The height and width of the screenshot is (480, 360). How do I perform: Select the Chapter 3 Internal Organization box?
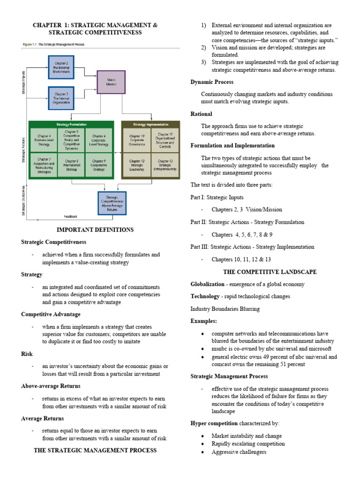[x=61, y=97]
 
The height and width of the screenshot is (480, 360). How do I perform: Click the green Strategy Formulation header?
[x=71, y=124]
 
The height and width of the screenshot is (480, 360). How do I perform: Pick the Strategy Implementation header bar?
[x=150, y=124]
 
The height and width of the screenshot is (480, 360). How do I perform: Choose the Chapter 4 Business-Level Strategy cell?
[x=43, y=141]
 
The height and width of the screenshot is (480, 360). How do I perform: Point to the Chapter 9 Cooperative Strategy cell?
[x=98, y=165]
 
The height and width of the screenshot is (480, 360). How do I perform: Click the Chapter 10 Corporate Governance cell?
[x=137, y=141]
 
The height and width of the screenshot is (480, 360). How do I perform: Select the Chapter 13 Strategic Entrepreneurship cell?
[x=165, y=165]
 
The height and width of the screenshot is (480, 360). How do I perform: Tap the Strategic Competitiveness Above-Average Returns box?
[x=112, y=203]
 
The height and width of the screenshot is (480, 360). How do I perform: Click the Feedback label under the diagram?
[x=71, y=217]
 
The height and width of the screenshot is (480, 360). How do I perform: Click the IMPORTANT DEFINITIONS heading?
[x=95, y=230]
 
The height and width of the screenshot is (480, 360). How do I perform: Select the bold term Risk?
[x=26, y=354]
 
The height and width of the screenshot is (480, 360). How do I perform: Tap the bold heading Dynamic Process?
[x=212, y=82]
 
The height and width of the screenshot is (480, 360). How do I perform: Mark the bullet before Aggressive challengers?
[x=202, y=452]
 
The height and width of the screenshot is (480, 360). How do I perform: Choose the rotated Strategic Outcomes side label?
[x=24, y=201]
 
